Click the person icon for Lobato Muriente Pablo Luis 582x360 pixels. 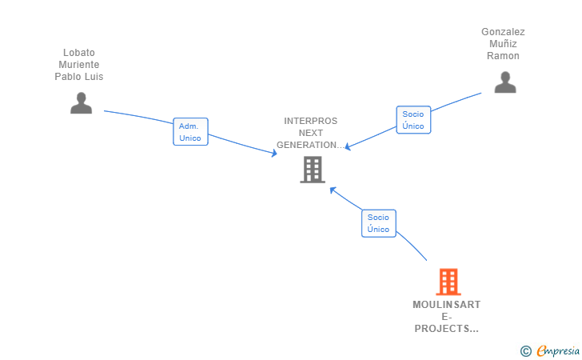[81, 103]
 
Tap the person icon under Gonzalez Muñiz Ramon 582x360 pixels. [504, 82]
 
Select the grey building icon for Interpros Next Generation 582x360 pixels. [312, 170]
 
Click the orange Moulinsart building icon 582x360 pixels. [448, 282]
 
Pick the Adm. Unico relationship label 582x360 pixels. [190, 132]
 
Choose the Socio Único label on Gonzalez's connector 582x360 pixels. [413, 120]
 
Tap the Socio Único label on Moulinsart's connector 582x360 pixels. [378, 223]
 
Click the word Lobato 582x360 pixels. [79, 53]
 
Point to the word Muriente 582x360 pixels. [79, 65]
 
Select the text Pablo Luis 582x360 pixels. [79, 77]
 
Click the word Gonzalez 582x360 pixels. [503, 32]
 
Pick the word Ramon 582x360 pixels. [503, 56]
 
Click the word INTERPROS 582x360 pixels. [311, 121]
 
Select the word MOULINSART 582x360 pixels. [446, 305]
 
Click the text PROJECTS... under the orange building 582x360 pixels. [446, 329]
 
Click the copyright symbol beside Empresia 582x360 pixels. [525, 351]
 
